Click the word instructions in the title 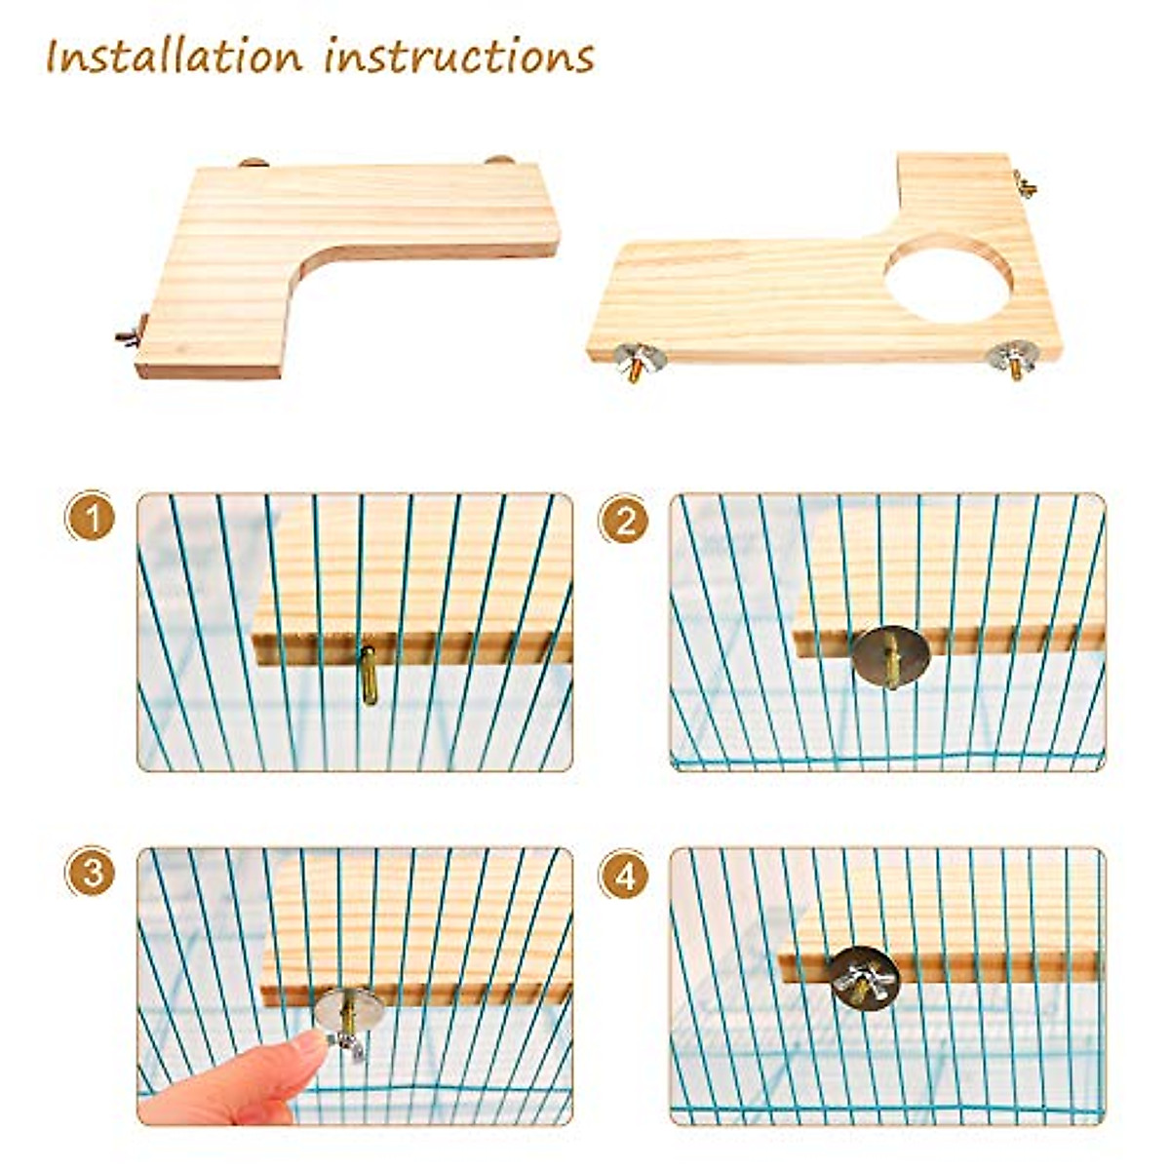[459, 57]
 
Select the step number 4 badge [624, 875]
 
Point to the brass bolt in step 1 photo [369, 675]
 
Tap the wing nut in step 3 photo [348, 1041]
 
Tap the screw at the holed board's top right [1025, 183]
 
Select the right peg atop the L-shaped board [499, 161]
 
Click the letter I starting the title [55, 57]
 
